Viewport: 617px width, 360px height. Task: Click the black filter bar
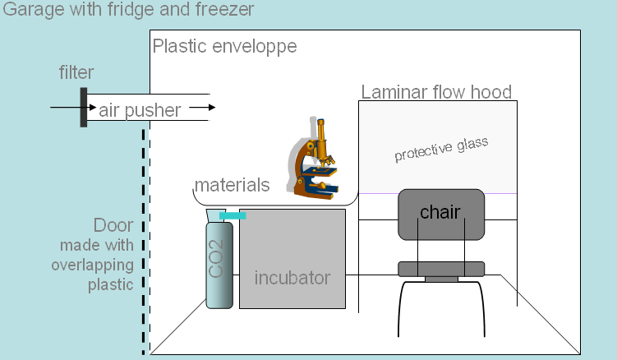pos(84,108)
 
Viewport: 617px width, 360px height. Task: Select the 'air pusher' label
pos(140,109)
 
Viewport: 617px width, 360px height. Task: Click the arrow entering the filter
pos(64,108)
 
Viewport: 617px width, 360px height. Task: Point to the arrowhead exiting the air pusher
pos(211,107)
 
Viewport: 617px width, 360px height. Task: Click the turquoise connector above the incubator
pos(233,216)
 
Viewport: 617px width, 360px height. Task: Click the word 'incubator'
pos(292,277)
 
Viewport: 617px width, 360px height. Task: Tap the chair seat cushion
pos(441,268)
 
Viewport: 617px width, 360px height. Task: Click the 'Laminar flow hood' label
pos(436,91)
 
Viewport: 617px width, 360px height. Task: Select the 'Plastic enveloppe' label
pos(224,46)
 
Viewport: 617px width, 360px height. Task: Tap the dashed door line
pos(145,247)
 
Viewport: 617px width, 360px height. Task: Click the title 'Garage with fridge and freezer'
pos(128,10)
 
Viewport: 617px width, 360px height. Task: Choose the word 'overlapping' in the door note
pos(91,265)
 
